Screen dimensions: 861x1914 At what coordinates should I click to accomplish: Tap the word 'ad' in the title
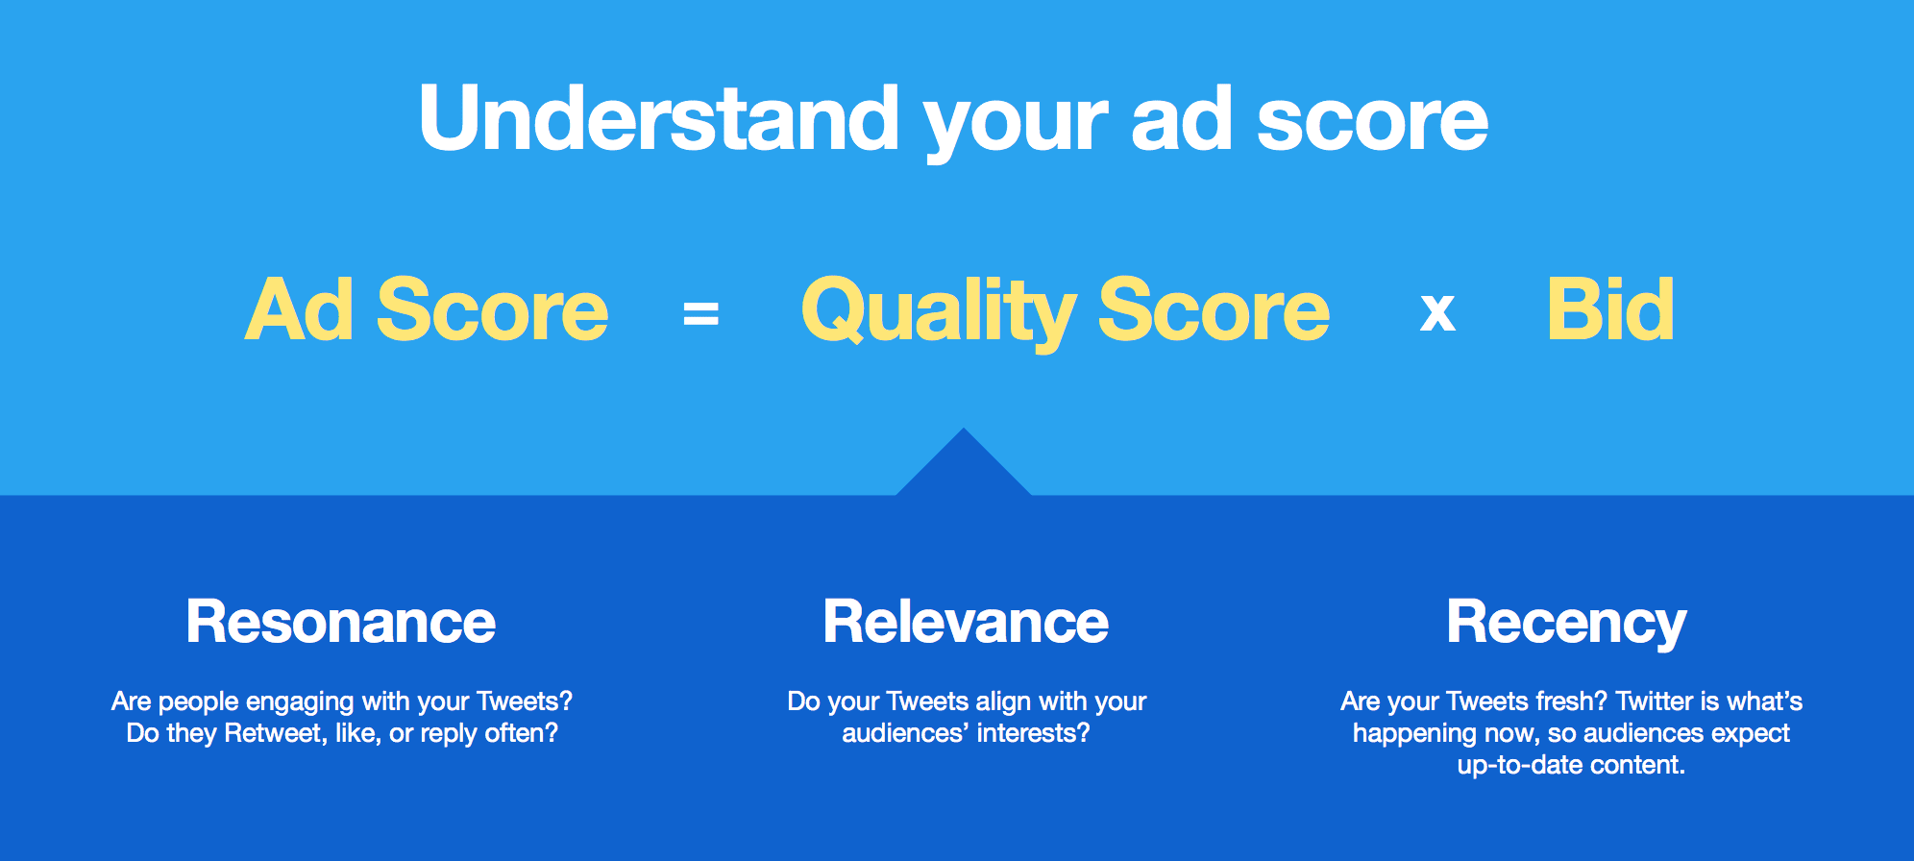click(1181, 120)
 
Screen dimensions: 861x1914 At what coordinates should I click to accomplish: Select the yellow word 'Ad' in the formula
click(299, 309)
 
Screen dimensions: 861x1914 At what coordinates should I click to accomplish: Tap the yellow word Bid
click(1610, 309)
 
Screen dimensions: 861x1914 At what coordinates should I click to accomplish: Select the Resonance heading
click(341, 622)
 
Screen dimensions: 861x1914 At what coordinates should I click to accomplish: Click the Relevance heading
click(966, 622)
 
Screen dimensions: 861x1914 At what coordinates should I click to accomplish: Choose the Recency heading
click(1566, 623)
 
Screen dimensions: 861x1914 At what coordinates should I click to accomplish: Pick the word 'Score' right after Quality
click(1214, 309)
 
